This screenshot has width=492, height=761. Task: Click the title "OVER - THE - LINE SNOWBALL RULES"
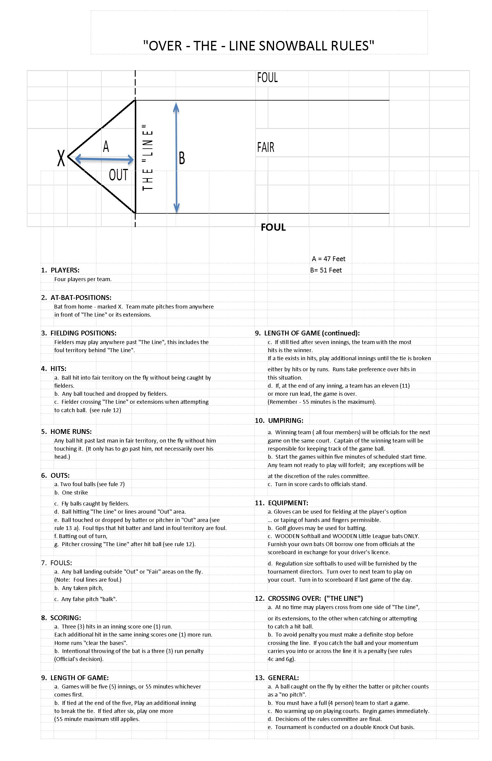259,46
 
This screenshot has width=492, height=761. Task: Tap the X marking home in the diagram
61,158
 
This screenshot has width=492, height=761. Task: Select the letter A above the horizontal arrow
106,147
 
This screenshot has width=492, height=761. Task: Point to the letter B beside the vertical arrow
182,158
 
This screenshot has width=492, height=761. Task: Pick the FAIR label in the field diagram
265,147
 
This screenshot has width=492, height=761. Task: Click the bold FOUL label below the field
273,227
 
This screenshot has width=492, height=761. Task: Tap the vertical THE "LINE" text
148,158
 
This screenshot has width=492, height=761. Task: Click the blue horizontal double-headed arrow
104,159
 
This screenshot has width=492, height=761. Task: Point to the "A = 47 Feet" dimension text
328,259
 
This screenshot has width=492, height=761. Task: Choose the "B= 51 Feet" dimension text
326,270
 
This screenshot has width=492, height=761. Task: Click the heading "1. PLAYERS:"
60,270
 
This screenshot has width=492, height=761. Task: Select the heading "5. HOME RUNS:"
66,431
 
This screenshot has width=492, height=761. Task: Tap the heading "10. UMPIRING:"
279,420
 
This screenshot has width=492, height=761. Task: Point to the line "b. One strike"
71,492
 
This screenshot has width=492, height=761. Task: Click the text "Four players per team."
83,279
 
